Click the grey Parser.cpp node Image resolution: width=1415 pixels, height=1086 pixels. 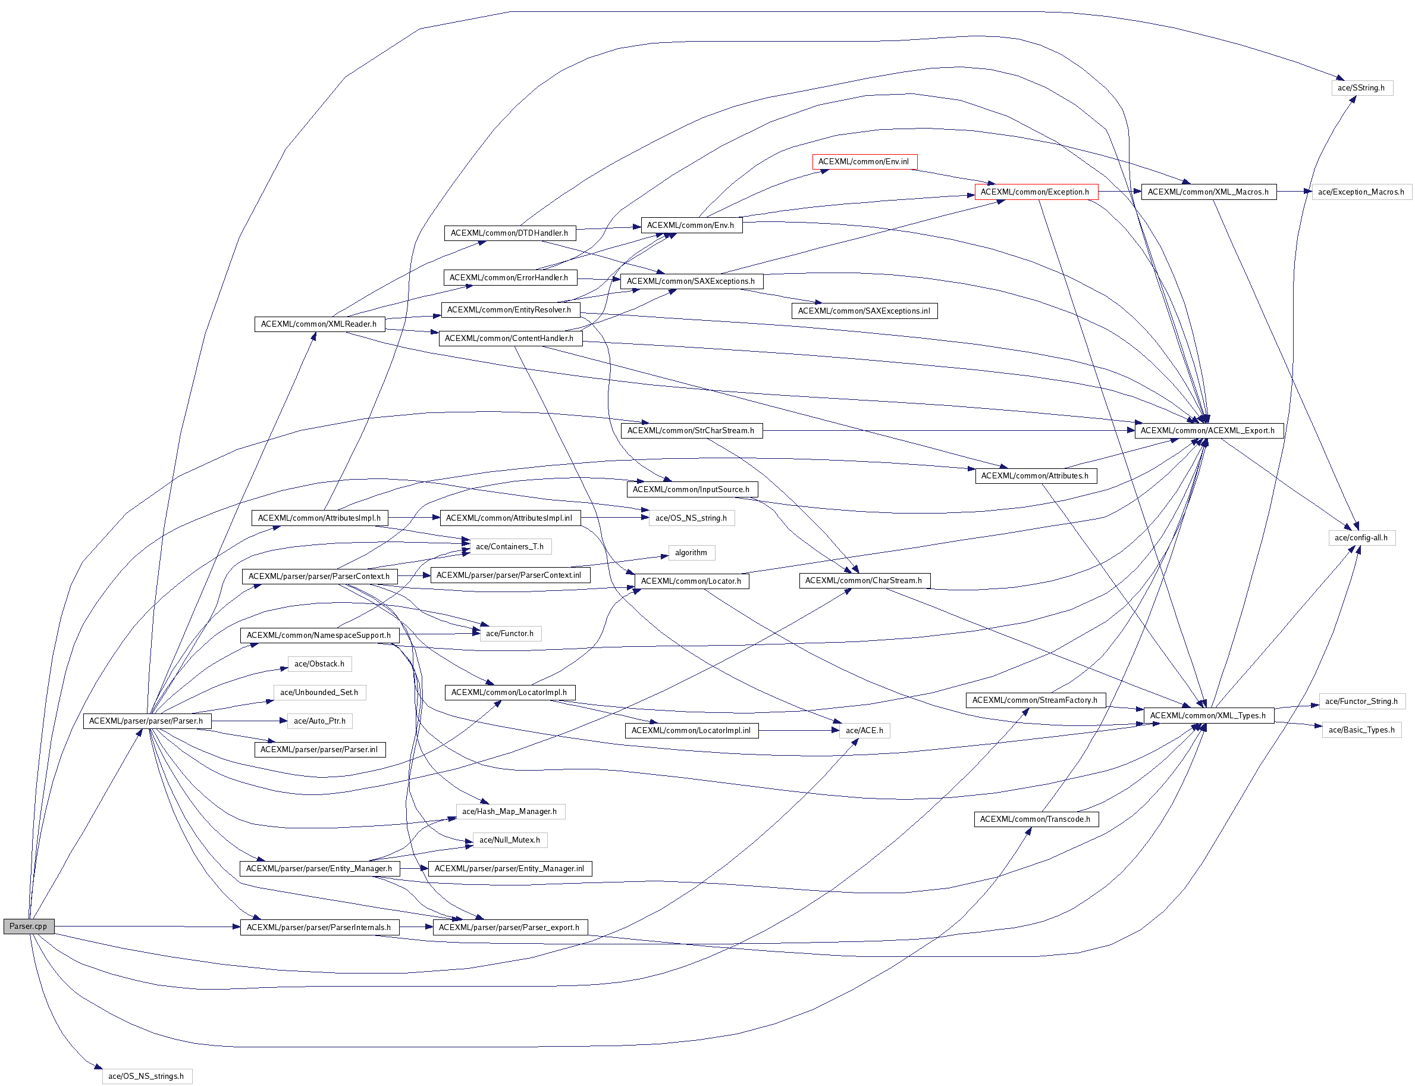pyautogui.click(x=29, y=927)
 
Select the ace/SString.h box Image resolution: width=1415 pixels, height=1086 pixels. pyautogui.click(x=1361, y=88)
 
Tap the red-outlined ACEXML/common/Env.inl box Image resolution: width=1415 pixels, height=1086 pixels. pyautogui.click(x=864, y=162)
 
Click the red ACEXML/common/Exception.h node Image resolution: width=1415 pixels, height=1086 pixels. pyautogui.click(x=1035, y=192)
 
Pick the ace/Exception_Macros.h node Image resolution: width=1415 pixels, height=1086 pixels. pyautogui.click(x=1361, y=192)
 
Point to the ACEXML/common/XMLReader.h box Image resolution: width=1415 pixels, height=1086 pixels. pyautogui.click(x=319, y=324)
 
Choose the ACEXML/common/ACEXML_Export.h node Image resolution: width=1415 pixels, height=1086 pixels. pyautogui.click(x=1207, y=430)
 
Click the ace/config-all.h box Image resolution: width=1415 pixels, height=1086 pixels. pyautogui.click(x=1361, y=538)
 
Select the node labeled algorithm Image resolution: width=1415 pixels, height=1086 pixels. pyautogui.click(x=691, y=553)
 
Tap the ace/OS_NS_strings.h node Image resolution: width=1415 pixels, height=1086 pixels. pyautogui.click(x=147, y=1076)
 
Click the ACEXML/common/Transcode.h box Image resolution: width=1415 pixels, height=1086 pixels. pyautogui.click(x=1035, y=819)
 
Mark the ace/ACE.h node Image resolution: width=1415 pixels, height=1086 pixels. pyautogui.click(x=864, y=731)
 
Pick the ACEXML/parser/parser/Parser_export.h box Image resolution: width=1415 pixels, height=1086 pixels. pyautogui.click(x=509, y=927)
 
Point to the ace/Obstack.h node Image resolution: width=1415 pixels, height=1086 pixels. pyautogui.click(x=319, y=664)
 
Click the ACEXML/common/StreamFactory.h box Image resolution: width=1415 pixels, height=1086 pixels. pyautogui.click(x=1035, y=700)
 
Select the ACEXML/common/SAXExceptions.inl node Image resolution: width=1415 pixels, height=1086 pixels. pyautogui.click(x=864, y=311)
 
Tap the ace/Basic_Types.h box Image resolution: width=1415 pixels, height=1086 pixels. pyautogui.click(x=1361, y=730)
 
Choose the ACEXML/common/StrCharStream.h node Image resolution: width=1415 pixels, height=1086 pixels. pyautogui.click(x=691, y=430)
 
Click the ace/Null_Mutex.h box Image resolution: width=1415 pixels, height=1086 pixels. pyautogui.click(x=509, y=840)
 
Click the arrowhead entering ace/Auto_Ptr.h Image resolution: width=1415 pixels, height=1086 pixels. pyautogui.click(x=284, y=721)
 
